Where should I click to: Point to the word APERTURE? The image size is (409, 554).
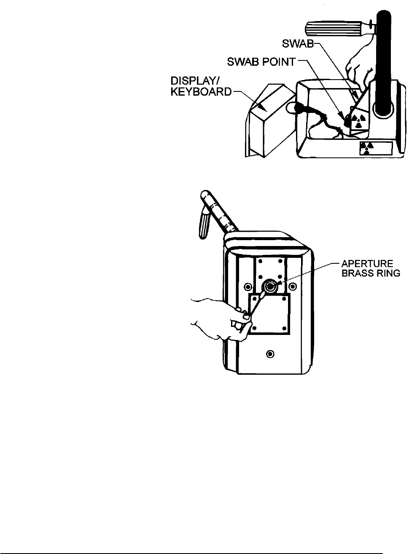[x=367, y=264]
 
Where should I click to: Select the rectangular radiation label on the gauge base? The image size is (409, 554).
[x=376, y=148]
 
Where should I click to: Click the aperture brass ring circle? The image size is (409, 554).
[x=268, y=287]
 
